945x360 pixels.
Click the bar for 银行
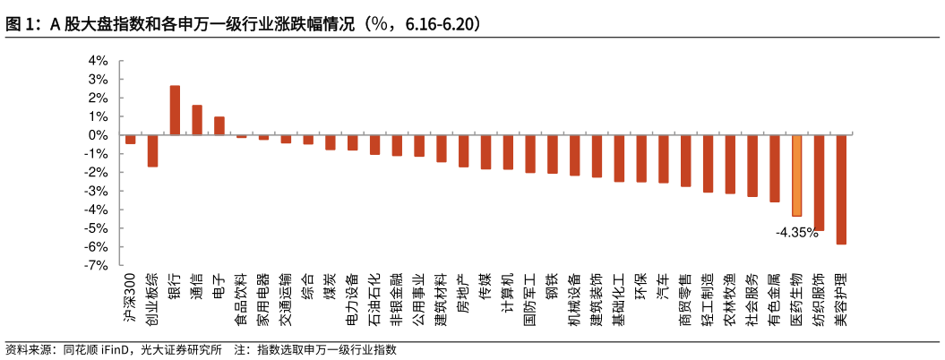[x=175, y=110]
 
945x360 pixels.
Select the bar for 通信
[x=197, y=120]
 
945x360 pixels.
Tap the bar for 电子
[x=219, y=125]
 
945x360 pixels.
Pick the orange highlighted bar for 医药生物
[x=797, y=176]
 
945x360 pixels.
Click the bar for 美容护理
[x=841, y=189]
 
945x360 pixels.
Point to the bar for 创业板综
[x=152, y=150]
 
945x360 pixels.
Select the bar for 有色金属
[x=775, y=168]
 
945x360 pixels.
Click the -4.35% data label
[x=797, y=232]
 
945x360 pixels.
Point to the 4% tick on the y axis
[x=98, y=61]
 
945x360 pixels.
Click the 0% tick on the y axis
[x=98, y=135]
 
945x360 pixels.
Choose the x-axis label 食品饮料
[x=242, y=299]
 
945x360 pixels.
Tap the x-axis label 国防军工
[x=530, y=299]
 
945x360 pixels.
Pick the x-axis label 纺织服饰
[x=819, y=299]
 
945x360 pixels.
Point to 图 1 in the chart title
[x=20, y=24]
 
